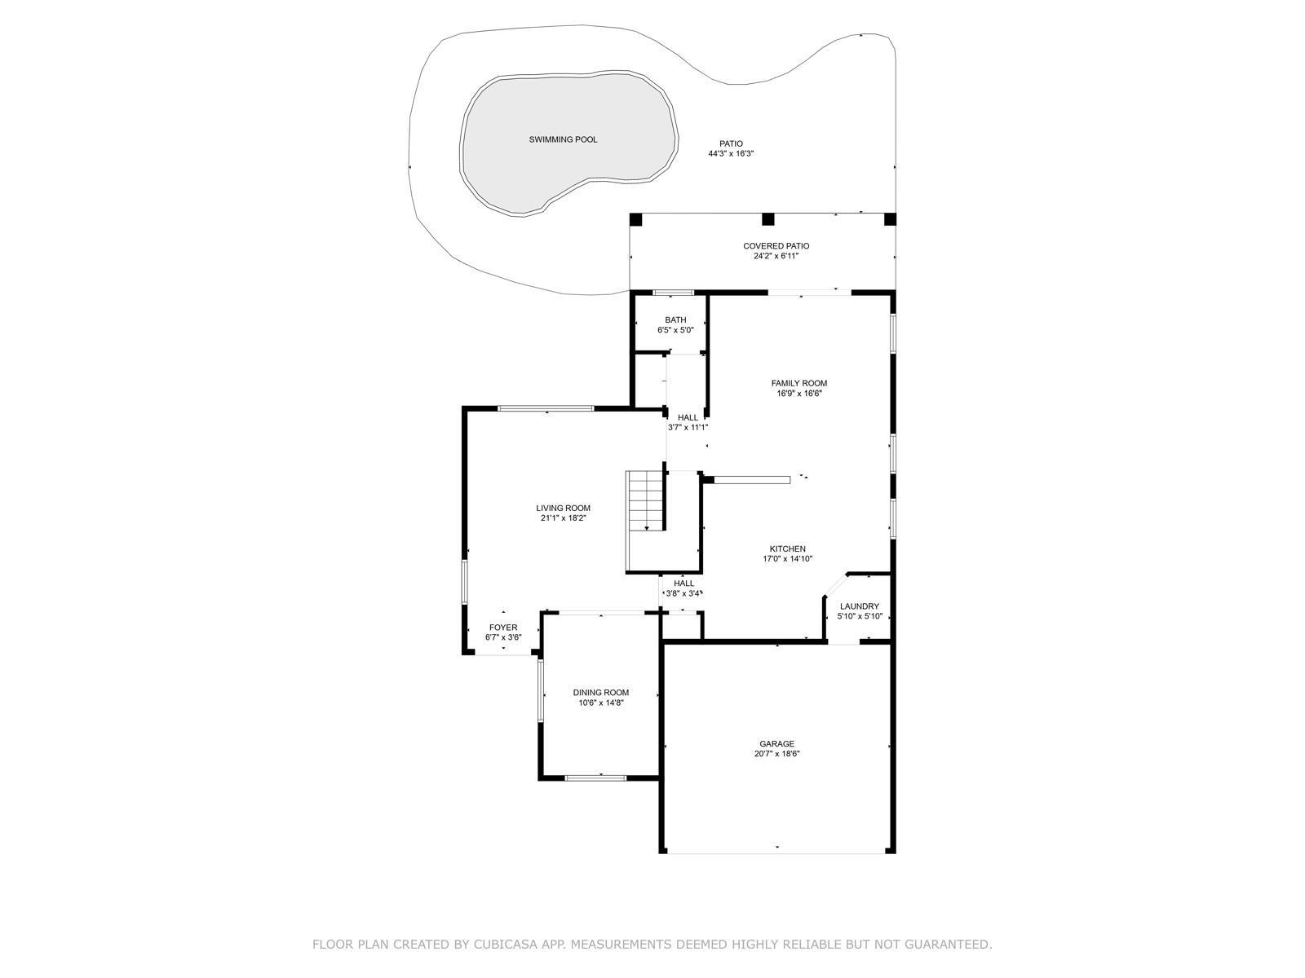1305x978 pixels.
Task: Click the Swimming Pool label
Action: coord(563,139)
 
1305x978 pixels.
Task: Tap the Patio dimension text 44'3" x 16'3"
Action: coord(731,154)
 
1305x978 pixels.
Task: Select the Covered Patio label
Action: coord(776,246)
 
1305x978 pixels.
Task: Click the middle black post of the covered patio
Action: coord(768,219)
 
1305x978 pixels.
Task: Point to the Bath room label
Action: coord(675,320)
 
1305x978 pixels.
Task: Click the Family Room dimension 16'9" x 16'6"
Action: coord(799,393)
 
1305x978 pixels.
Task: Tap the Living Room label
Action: coord(563,508)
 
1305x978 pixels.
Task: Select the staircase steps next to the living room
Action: coord(644,500)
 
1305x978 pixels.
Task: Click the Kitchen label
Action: coord(787,548)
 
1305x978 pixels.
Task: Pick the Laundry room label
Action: coord(859,606)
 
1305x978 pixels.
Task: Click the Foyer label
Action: coord(503,627)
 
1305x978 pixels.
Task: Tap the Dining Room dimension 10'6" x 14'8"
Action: coord(600,703)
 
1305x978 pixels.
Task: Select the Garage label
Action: coord(776,743)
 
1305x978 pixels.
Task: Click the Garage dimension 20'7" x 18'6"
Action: coord(776,754)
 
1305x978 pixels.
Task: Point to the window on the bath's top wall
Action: coord(673,292)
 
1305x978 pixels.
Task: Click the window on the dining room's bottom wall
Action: coord(595,778)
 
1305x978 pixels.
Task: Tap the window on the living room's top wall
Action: coord(546,408)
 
